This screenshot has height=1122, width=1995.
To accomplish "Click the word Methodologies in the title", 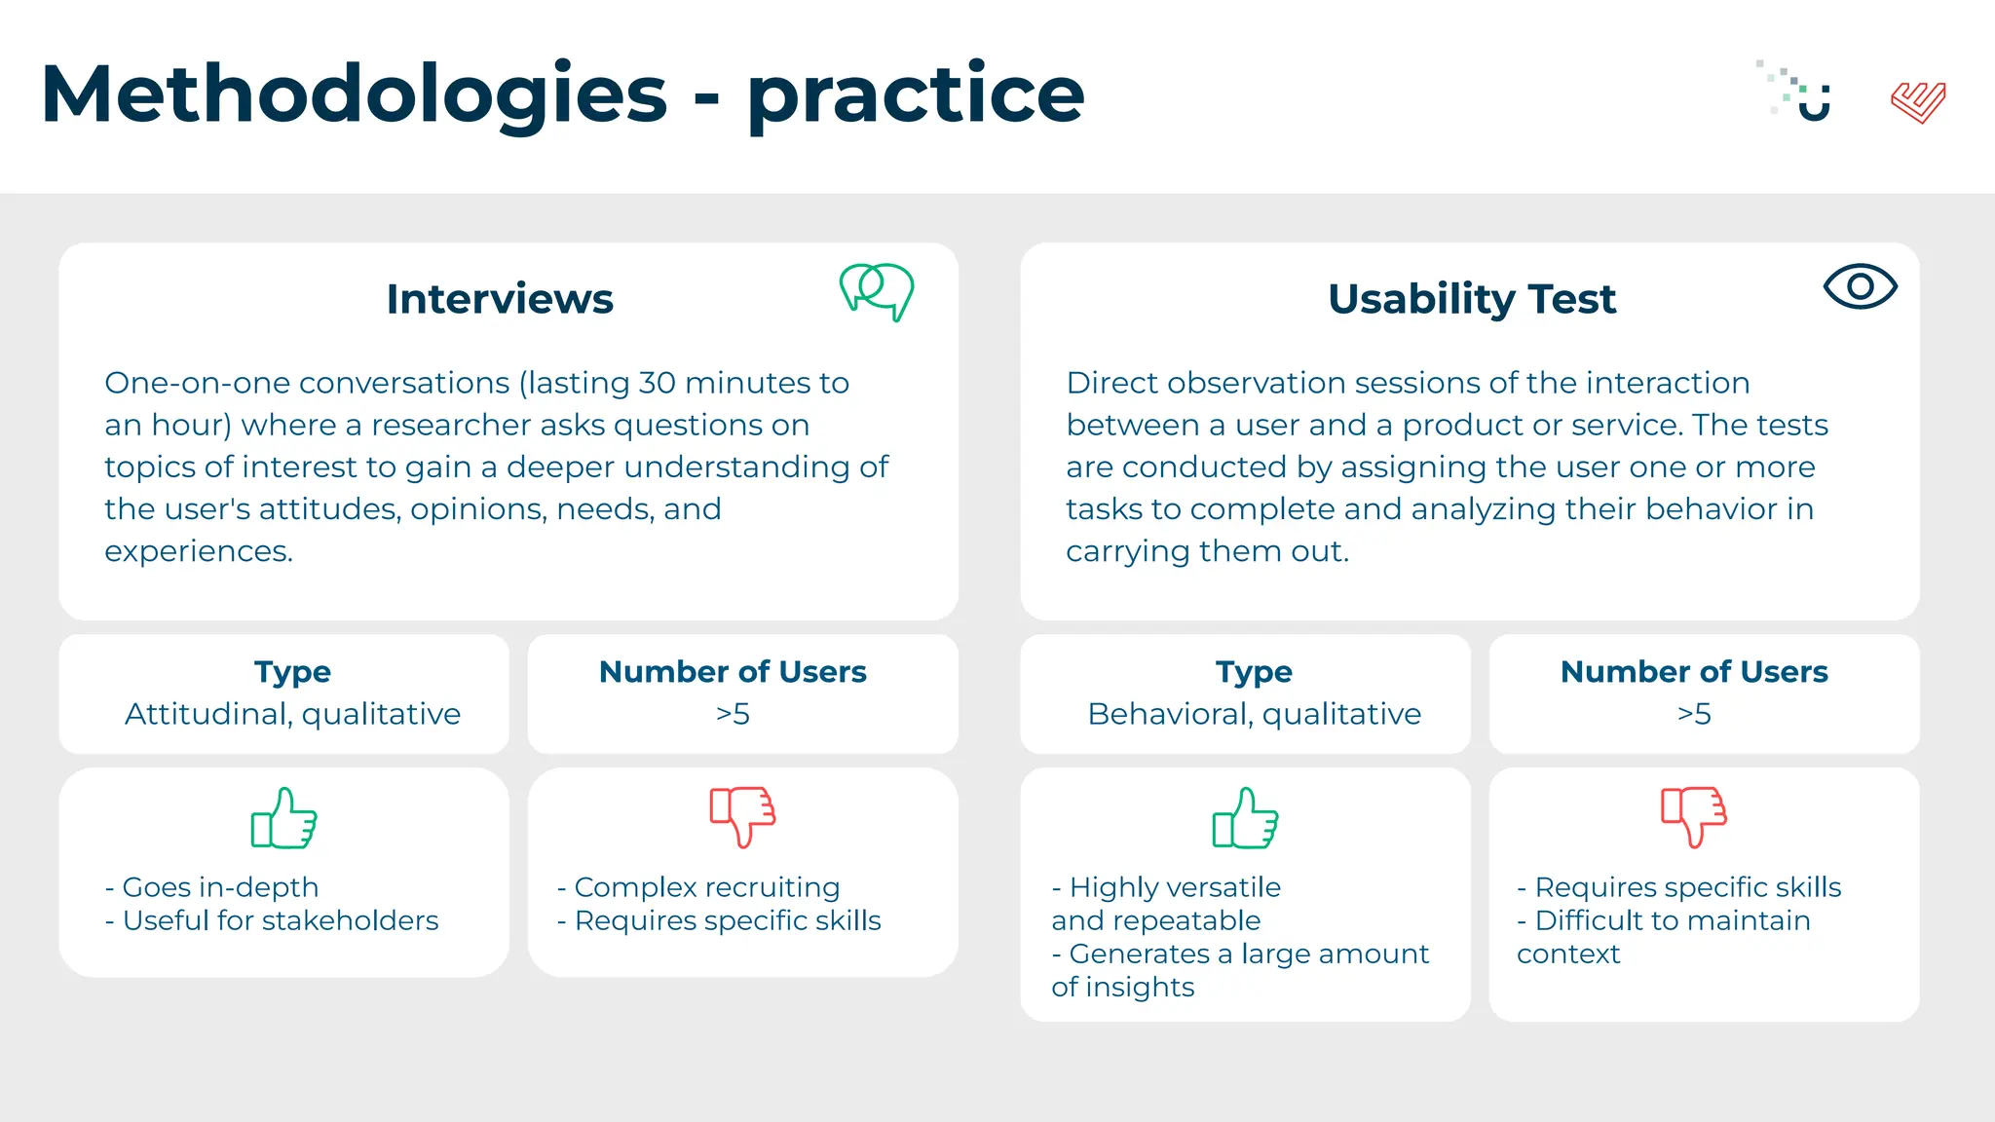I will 354,94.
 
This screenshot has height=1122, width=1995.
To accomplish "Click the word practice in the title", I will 916,94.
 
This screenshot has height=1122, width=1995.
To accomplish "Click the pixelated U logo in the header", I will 1800,93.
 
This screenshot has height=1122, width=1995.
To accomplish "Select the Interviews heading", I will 500,298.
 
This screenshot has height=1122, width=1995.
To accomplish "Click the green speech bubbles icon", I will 877,290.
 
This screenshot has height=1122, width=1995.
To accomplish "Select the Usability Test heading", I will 1471,298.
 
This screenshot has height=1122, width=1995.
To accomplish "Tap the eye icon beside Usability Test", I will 1860,286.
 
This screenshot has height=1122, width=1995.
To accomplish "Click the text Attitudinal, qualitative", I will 292,714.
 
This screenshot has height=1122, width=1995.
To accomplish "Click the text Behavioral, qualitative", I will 1254,714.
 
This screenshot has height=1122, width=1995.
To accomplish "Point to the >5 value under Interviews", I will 733,714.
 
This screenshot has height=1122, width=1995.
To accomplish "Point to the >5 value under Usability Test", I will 1694,714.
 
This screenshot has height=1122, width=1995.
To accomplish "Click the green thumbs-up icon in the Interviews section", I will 284,818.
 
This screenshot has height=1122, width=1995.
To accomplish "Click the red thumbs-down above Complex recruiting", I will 742,816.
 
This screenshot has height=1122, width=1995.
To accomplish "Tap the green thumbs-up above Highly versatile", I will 1246,818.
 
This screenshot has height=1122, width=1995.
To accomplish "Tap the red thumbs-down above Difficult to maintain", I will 1694,816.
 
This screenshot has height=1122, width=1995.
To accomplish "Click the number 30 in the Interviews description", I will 657,383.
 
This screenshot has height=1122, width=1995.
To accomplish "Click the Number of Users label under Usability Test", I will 1694,672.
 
